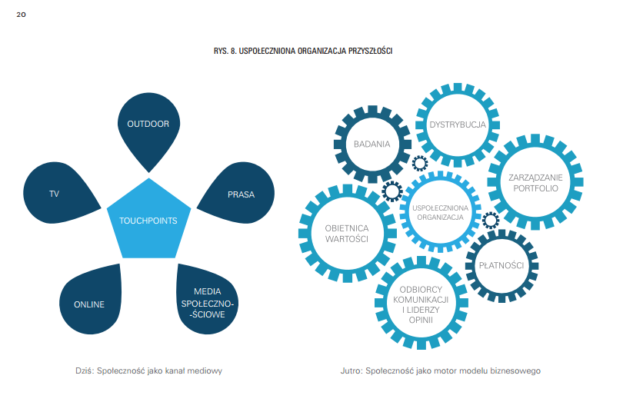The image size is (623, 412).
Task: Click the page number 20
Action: [x=21, y=14]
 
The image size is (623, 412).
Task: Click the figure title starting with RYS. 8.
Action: [x=303, y=51]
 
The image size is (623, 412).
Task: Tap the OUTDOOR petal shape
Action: [x=148, y=126]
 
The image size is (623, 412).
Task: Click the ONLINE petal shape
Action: [x=90, y=303]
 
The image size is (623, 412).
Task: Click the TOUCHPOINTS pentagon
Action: [x=148, y=220]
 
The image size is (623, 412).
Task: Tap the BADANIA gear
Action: [x=371, y=144]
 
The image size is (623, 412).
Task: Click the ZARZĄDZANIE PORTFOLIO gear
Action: [x=535, y=181]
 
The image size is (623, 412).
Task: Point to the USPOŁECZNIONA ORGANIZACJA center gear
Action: [x=440, y=212]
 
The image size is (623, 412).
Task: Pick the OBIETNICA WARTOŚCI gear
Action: [x=346, y=233]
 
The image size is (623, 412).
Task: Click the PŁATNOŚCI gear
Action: [x=501, y=266]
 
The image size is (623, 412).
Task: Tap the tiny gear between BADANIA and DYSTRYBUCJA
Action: [x=419, y=163]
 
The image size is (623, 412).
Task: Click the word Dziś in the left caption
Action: [x=82, y=370]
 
